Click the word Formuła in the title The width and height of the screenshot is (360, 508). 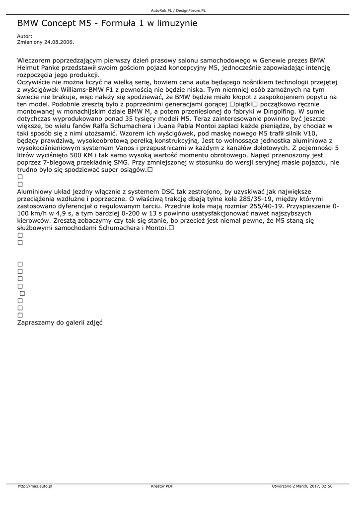pyautogui.click(x=120, y=23)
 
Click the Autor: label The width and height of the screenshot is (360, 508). pyautogui.click(x=24, y=36)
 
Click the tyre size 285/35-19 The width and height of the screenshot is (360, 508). pyautogui.click(x=241, y=199)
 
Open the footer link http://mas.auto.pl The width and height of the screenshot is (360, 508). pyautogui.click(x=35, y=486)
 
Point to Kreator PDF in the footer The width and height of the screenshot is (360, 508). pyautogui.click(x=162, y=486)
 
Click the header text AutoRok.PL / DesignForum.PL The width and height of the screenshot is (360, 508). pyautogui.click(x=179, y=10)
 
